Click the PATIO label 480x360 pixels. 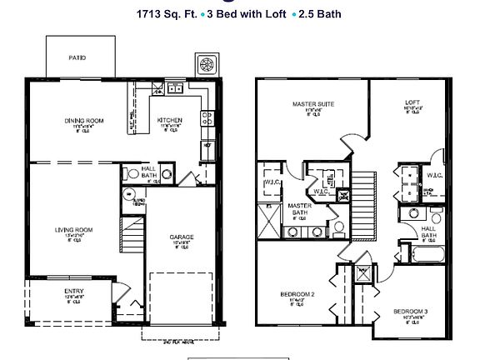pyautogui.click(x=77, y=58)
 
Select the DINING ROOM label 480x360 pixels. pyautogui.click(x=83, y=120)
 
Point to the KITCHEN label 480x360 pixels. pyautogui.click(x=170, y=120)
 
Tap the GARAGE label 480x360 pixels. pyautogui.click(x=181, y=237)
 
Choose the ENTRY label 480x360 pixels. pyautogui.click(x=74, y=291)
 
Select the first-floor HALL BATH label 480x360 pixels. pyautogui.click(x=149, y=170)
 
